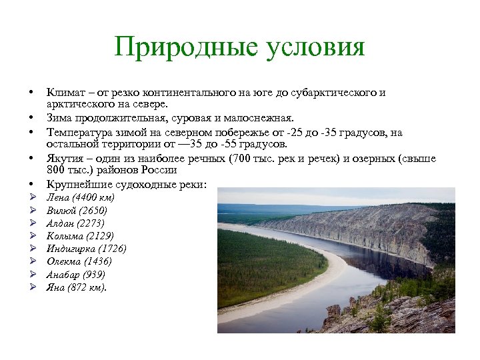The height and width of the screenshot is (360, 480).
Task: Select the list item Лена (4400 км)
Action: (x=81, y=198)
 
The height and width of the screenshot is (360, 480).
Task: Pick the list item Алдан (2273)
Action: (x=76, y=223)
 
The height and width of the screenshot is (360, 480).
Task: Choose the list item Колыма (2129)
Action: (x=80, y=236)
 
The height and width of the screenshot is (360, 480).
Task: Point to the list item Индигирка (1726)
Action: (x=87, y=249)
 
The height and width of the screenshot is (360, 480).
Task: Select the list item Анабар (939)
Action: (x=76, y=275)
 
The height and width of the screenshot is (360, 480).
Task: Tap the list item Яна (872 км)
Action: (x=76, y=287)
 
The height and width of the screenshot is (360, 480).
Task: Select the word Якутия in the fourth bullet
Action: (x=63, y=158)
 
